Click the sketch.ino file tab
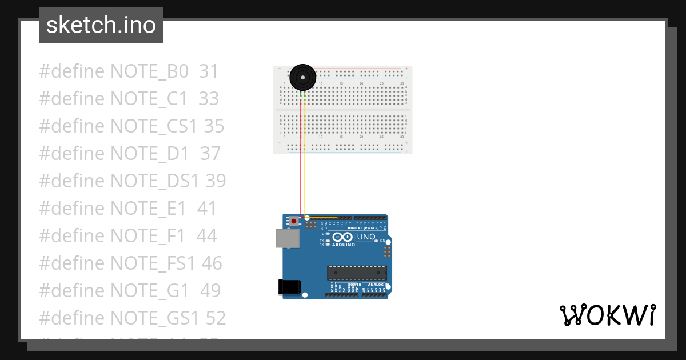point(101,25)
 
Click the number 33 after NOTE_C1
point(209,99)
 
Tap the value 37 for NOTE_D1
point(210,154)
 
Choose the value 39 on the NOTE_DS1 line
point(216,181)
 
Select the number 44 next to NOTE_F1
point(206,235)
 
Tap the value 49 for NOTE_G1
point(210,290)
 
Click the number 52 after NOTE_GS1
point(215,318)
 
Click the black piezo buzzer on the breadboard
point(302,77)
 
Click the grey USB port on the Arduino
point(288,238)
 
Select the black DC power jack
point(289,287)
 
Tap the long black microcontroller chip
point(357,273)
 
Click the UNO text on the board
point(366,237)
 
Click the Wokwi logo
point(607,315)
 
